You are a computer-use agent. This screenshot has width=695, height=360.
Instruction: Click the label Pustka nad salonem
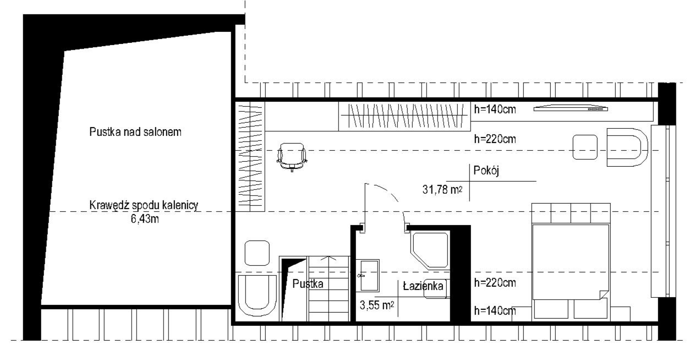(135, 132)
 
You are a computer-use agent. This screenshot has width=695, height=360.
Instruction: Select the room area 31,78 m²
(442, 189)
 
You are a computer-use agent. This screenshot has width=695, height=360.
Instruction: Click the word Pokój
(486, 171)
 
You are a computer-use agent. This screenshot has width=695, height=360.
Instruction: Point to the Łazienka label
(423, 286)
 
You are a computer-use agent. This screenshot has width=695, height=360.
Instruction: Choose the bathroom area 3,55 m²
(377, 306)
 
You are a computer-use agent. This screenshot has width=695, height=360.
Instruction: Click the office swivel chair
(292, 157)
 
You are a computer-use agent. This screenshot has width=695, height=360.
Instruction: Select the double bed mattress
(571, 262)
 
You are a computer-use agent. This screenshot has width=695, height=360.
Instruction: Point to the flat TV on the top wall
(571, 108)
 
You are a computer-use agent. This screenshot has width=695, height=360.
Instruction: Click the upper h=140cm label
(495, 109)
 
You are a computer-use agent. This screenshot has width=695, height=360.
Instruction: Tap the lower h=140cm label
(495, 310)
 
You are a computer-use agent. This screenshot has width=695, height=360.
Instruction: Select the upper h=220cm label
(495, 139)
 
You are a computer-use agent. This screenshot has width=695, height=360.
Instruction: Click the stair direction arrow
(329, 258)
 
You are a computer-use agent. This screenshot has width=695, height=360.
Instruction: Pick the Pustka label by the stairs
(308, 284)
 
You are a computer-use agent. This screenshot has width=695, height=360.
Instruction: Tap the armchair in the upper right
(627, 147)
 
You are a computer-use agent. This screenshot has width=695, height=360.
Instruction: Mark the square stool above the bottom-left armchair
(257, 253)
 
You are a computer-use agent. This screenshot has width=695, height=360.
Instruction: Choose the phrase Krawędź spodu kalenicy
(144, 205)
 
